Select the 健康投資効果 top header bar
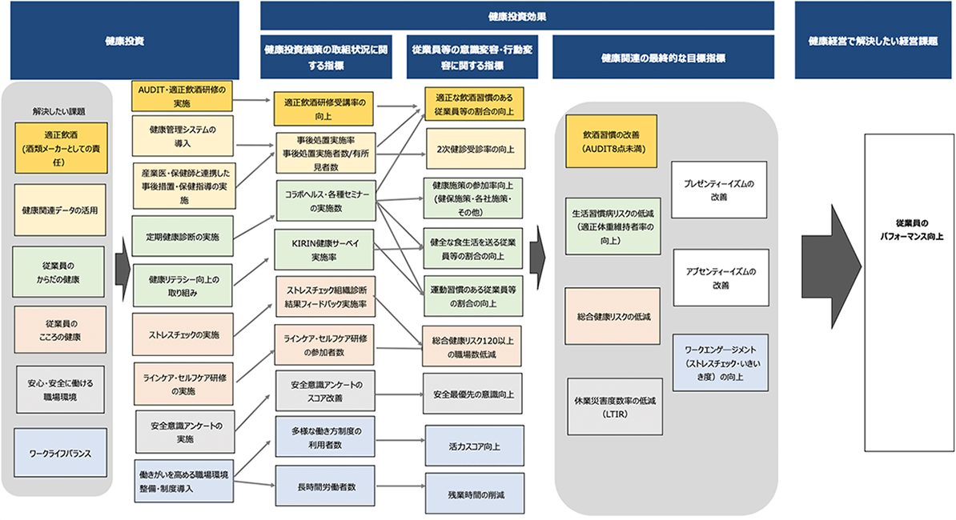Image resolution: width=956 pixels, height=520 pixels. pyautogui.click(x=516, y=15)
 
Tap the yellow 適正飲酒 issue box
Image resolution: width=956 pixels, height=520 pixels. pyautogui.click(x=60, y=146)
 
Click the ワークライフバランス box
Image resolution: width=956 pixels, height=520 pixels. pyautogui.click(x=60, y=453)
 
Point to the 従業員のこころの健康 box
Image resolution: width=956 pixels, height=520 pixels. pyautogui.click(x=60, y=331)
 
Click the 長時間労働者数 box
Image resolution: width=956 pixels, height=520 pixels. pyautogui.click(x=325, y=486)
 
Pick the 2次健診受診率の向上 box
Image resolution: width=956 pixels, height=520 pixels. pyautogui.click(x=474, y=149)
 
